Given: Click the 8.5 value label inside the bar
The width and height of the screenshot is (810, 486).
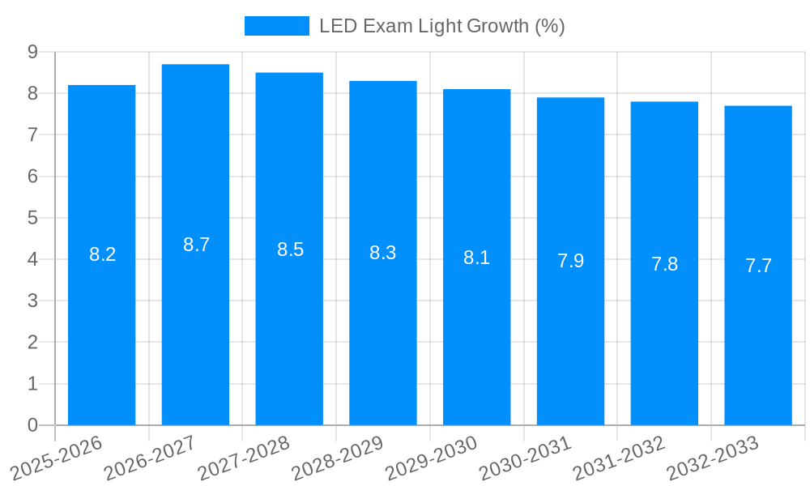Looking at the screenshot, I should [x=290, y=249].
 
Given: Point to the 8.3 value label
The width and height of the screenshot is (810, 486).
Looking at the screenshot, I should [x=383, y=253].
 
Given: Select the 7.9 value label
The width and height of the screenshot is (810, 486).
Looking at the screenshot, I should [x=570, y=261].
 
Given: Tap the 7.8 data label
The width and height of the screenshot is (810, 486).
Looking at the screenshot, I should [x=664, y=264].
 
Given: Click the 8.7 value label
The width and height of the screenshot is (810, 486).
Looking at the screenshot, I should [x=196, y=245].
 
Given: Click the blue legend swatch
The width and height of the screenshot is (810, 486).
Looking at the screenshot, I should [x=277, y=26].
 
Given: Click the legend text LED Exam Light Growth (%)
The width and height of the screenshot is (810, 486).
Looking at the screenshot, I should [x=441, y=26].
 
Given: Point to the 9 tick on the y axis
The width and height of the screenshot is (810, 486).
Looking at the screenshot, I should [x=32, y=52].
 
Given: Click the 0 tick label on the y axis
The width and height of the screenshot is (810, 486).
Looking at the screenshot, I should [x=32, y=425].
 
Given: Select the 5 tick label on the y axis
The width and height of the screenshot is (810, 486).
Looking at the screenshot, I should [x=32, y=218].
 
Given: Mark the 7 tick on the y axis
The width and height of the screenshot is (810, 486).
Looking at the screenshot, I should [x=32, y=134].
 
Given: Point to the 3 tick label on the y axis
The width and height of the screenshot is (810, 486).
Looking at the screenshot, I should [x=32, y=301].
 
